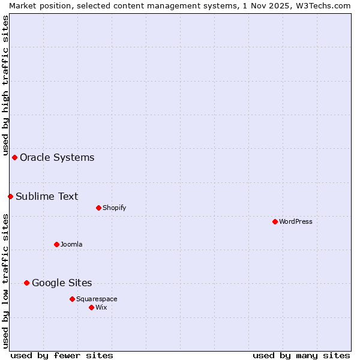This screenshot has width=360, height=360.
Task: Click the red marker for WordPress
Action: tap(275, 221)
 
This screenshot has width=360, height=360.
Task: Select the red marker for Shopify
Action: tap(98, 208)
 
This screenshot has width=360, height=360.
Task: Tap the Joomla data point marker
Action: tap(56, 244)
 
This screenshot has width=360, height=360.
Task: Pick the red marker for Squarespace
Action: tap(72, 299)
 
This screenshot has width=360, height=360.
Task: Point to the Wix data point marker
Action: tap(91, 307)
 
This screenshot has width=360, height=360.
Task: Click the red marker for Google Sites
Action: tap(26, 283)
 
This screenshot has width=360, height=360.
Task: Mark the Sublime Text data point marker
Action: tap(10, 196)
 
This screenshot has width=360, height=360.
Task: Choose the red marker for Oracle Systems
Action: tap(14, 157)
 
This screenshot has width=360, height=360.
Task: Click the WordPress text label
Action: tap(296, 221)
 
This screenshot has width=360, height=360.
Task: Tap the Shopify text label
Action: tap(114, 208)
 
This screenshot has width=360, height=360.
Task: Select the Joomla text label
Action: tap(71, 244)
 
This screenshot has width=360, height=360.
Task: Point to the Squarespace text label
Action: tap(97, 299)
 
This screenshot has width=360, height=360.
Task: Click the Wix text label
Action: tap(101, 307)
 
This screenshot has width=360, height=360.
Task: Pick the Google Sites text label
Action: tap(62, 283)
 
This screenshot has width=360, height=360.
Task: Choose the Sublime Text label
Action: tap(47, 196)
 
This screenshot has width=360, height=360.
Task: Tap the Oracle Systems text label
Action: tap(57, 157)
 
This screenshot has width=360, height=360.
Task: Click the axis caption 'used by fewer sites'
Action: tap(62, 355)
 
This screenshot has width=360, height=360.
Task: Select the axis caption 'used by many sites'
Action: tap(301, 355)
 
